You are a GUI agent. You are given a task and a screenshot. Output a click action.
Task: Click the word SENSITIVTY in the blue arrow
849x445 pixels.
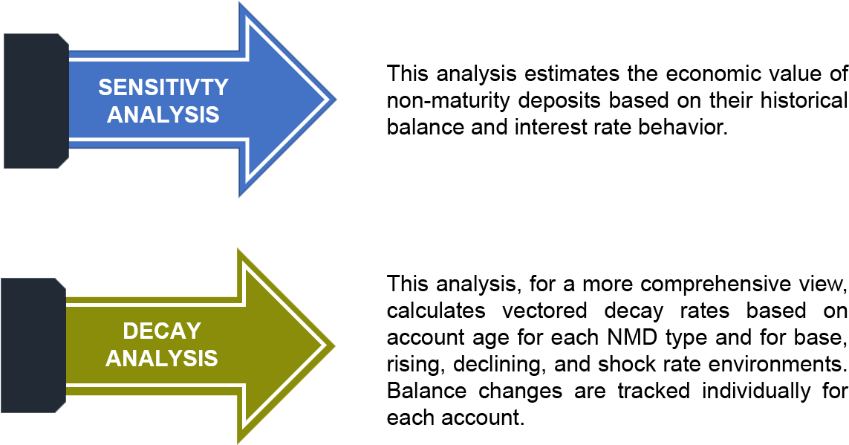163,88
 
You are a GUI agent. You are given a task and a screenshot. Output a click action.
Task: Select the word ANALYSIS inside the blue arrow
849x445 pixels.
163,115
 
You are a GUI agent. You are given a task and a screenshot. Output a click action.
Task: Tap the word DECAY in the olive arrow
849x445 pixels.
162,331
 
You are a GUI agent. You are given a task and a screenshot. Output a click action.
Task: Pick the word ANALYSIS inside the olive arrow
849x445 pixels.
162,358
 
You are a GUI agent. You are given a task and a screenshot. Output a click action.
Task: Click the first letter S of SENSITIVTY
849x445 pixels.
105,88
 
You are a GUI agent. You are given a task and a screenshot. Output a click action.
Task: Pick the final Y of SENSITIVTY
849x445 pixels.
221,88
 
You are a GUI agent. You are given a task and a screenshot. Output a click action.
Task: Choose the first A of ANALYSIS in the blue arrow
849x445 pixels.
114,115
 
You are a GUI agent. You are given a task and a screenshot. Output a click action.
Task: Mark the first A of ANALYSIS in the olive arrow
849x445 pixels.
113,358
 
